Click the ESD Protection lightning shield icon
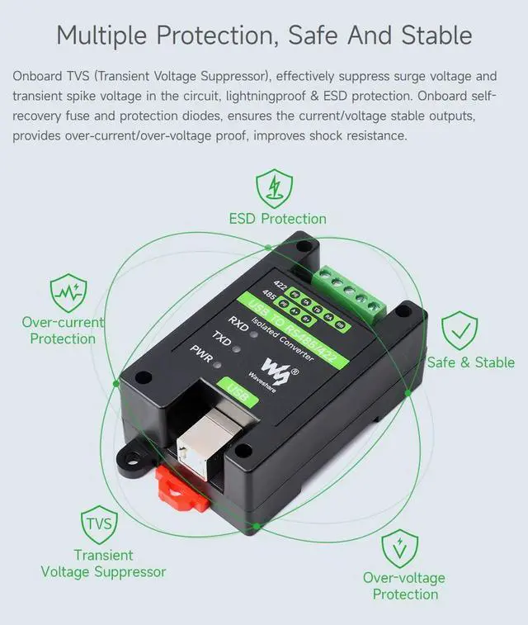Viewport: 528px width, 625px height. (274, 188)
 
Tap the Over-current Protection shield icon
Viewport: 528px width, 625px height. (67, 292)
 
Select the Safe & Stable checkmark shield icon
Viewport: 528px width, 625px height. (460, 331)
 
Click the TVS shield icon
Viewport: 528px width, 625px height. (99, 523)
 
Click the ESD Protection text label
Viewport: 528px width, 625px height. (278, 219)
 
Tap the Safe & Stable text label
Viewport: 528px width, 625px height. (470, 362)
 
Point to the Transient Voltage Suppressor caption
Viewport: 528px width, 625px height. (103, 563)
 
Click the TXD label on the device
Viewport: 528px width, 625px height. (220, 337)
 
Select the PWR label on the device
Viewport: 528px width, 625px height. (200, 353)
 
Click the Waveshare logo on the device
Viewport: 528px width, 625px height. (276, 364)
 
